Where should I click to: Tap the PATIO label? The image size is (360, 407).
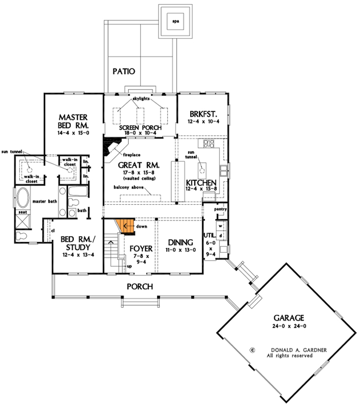tap(124, 71)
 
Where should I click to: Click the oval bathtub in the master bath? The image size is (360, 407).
tap(22, 198)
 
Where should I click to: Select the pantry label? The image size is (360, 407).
tap(220, 209)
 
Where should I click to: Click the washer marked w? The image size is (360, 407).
tap(220, 225)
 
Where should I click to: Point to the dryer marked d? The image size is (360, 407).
tap(220, 235)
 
